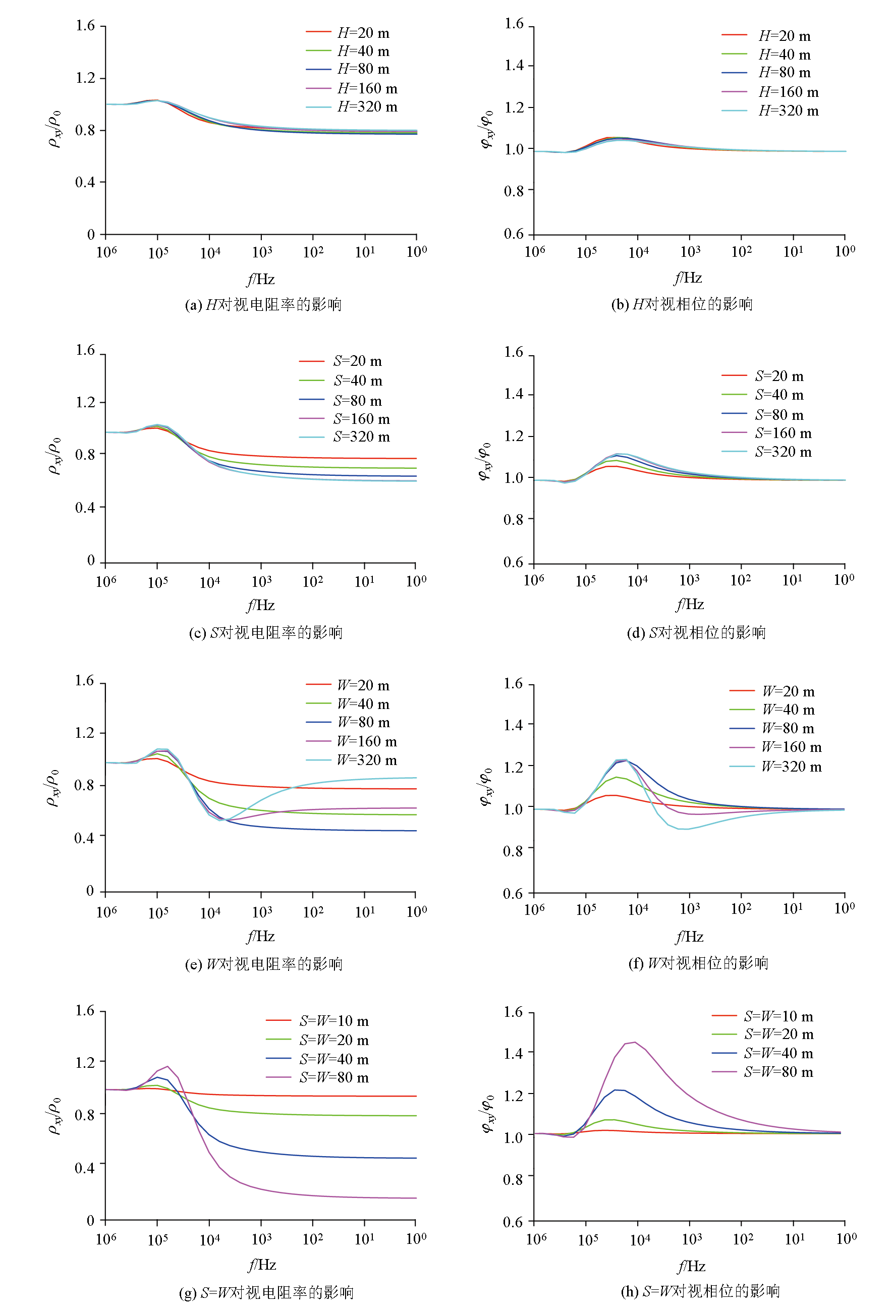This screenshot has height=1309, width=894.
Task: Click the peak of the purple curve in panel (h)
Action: click(x=635, y=1042)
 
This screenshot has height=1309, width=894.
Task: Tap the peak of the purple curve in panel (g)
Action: click(x=167, y=1066)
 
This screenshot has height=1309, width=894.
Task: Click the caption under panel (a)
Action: click(x=263, y=305)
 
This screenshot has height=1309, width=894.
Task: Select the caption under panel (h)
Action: click(x=700, y=1291)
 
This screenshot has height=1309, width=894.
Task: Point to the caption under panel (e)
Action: click(x=263, y=964)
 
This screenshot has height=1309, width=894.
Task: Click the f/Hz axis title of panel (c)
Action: click(x=261, y=605)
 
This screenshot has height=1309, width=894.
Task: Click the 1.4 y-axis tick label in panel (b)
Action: click(x=514, y=65)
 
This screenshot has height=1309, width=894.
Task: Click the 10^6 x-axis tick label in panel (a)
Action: click(x=106, y=252)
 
